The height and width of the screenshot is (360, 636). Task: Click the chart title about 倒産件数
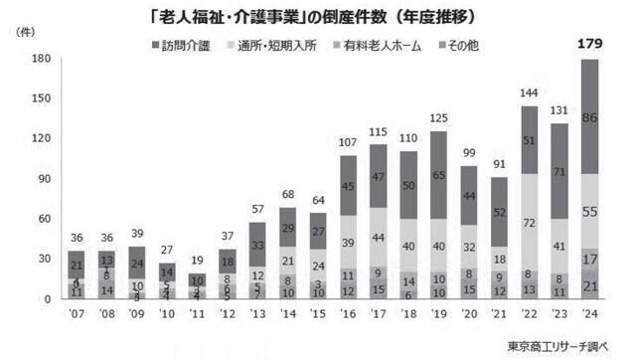(318, 14)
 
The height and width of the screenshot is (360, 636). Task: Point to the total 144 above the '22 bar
(530, 92)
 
